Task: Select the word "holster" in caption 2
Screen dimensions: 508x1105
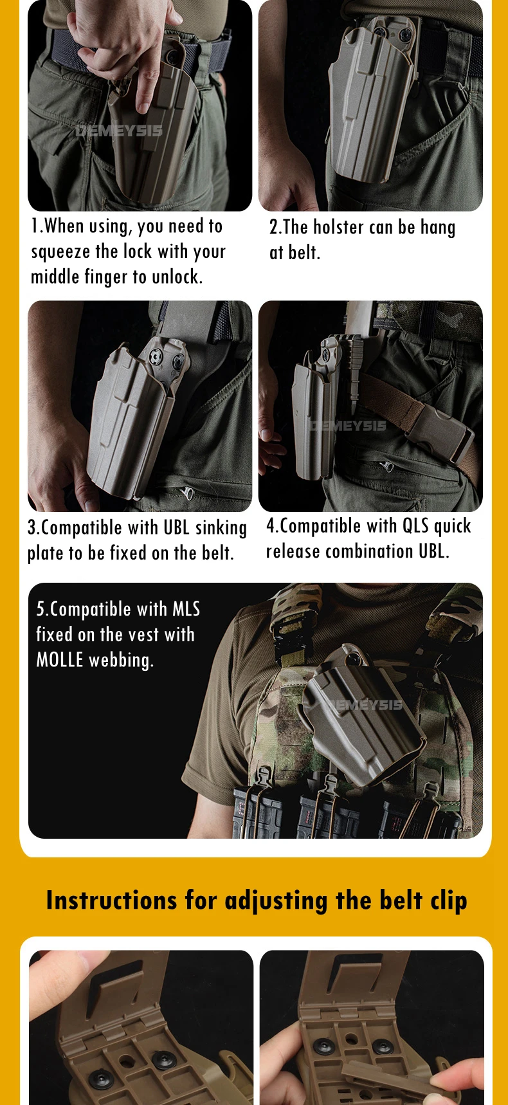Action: [x=338, y=227]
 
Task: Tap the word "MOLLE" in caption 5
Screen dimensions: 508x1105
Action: [x=60, y=660]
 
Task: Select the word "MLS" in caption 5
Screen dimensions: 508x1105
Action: [x=186, y=609]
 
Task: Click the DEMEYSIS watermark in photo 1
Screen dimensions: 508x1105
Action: [x=120, y=131]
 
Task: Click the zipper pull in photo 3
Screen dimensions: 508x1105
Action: [x=187, y=493]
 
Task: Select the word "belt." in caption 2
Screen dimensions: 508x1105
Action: [x=304, y=252]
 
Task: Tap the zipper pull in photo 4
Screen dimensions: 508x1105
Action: [x=385, y=466]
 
